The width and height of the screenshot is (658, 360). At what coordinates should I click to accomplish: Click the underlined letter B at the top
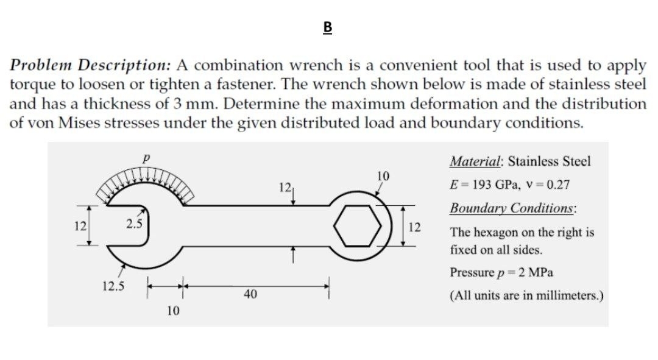tap(328, 27)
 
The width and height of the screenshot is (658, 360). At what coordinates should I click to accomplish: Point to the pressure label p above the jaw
tap(146, 158)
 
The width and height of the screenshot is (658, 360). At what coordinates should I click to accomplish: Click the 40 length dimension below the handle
tap(249, 295)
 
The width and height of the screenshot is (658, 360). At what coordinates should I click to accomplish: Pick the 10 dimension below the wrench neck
tap(173, 311)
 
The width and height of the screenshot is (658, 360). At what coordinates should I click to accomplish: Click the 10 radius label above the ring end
tap(383, 176)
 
